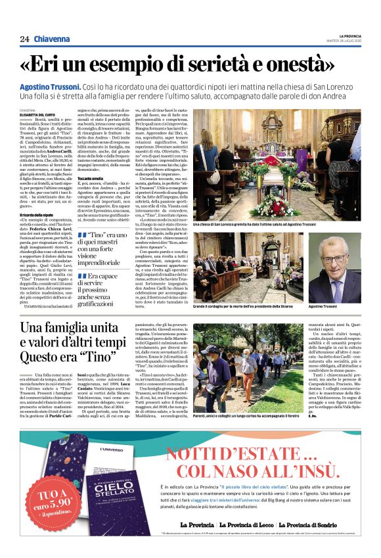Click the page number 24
(x=24, y=39)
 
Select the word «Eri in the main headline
(x=56, y=66)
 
